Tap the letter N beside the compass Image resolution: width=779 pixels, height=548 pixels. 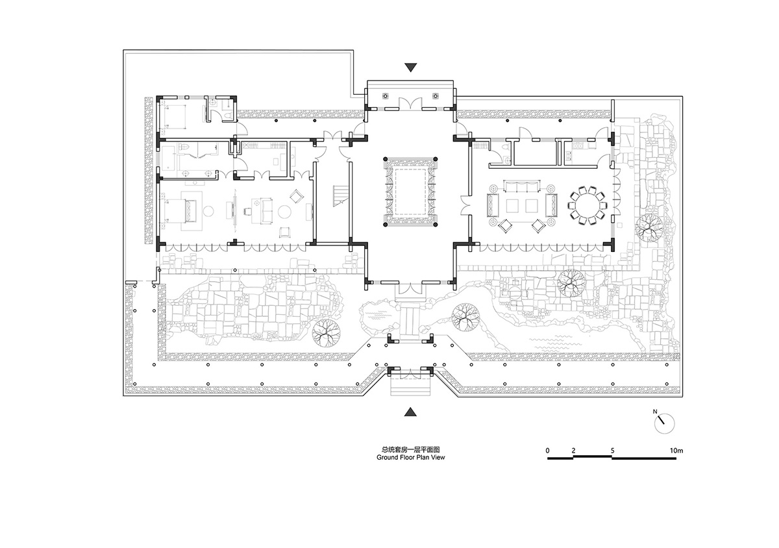coord(655,412)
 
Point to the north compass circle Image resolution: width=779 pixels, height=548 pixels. coord(665,424)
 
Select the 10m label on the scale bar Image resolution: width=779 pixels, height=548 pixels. coord(676,451)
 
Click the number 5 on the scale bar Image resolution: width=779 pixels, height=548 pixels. coord(612,451)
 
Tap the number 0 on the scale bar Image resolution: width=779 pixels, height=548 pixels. coord(548,451)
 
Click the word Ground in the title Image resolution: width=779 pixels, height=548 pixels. coord(388,457)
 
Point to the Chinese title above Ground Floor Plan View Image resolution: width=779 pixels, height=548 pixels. coord(411,449)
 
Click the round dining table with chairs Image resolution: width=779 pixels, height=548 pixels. coord(587,205)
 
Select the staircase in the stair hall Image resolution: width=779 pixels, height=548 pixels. coord(340,196)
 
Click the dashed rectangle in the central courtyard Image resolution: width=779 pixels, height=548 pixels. coord(410,191)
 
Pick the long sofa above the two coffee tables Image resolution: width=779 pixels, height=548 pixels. coord(522,186)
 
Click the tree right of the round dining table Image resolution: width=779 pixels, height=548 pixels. coord(649,228)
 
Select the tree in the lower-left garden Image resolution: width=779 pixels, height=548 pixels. coord(326,332)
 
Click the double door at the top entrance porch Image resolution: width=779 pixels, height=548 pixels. coord(410,104)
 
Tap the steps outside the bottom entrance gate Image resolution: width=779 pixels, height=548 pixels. coord(411,386)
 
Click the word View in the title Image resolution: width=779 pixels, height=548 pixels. coord(438,457)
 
